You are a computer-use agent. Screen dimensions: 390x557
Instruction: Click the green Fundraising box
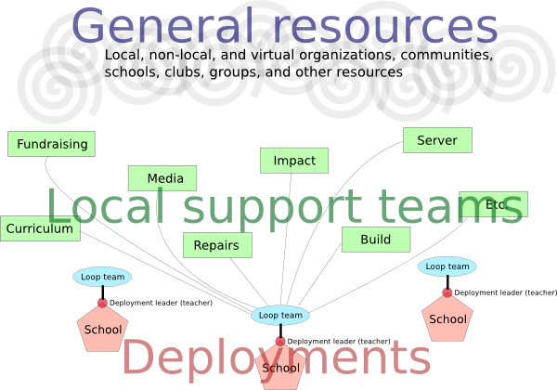tap(52, 144)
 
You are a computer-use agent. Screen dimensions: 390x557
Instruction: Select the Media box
tap(162, 177)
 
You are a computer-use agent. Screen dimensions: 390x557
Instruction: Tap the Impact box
tap(294, 160)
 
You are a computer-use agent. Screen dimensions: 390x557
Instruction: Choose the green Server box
tap(437, 140)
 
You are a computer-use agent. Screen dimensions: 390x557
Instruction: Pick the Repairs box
tap(217, 246)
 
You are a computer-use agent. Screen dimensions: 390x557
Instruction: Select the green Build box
tap(375, 239)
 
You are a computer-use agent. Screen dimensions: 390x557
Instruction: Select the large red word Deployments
tap(277, 357)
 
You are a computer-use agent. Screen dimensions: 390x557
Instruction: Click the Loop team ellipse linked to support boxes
tap(279, 315)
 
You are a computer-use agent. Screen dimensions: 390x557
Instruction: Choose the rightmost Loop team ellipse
tap(447, 266)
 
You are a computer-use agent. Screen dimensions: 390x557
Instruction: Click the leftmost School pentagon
tap(102, 329)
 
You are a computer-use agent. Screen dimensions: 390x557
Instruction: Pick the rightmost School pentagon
tap(447, 318)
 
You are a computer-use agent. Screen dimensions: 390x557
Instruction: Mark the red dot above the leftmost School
tap(102, 303)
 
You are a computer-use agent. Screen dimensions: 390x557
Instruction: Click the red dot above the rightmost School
tap(447, 292)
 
